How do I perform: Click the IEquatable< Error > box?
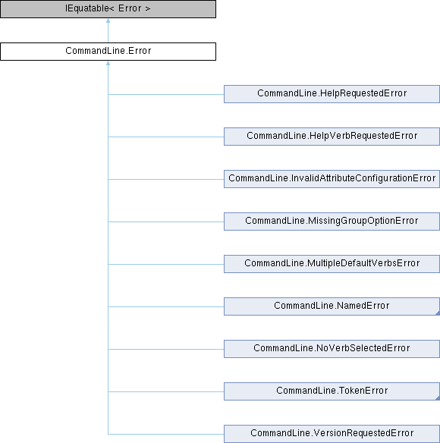coord(108,9)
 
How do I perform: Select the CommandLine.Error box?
coord(108,52)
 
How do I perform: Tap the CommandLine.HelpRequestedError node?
coord(332,94)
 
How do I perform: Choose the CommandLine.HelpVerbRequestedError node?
coord(332,137)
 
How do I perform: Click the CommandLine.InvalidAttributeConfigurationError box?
coord(332,179)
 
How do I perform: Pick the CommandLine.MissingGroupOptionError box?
coord(332,221)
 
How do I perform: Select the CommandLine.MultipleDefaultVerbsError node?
coord(332,264)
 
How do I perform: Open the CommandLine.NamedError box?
coord(332,306)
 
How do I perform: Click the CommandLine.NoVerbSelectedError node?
coord(332,349)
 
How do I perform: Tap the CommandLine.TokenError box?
coord(332,391)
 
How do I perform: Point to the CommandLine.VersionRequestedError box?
coord(332,434)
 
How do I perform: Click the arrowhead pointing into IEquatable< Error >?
coord(108,20)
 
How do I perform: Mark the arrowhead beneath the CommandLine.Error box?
coord(108,63)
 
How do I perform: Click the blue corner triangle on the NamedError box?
coord(438,313)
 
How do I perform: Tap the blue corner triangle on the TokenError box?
coord(438,397)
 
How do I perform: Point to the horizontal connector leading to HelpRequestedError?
coord(166,94)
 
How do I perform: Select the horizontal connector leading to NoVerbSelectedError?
coord(166,349)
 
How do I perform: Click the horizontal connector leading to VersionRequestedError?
coord(166,434)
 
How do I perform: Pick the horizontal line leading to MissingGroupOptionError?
coord(166,221)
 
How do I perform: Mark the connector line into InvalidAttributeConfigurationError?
coord(166,179)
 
